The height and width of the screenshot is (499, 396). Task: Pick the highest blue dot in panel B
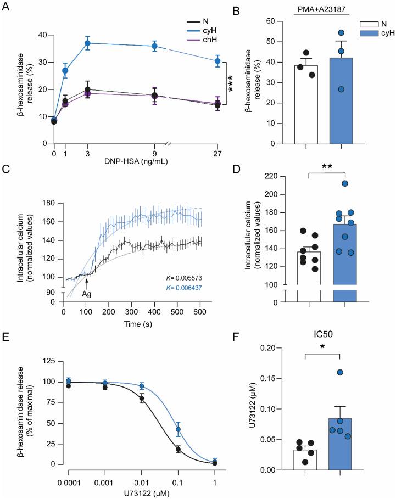342,32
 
